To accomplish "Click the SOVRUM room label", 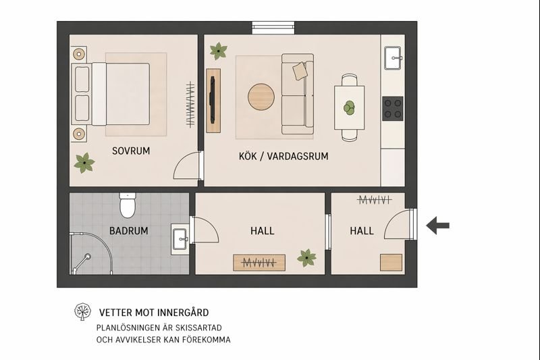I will point(131,151).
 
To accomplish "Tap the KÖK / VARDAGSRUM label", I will point(283,156).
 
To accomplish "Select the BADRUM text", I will point(128,231).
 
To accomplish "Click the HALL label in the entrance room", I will point(362,231).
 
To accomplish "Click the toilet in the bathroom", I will point(128,205).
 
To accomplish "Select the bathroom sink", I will point(180,238).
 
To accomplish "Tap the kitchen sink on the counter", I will point(393,59).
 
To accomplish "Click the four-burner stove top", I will point(393,109).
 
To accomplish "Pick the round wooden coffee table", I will point(261,97).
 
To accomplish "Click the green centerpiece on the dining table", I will point(349,107).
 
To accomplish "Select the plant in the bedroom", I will point(84,162).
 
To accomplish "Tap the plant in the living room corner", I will point(218,50).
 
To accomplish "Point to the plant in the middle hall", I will point(307,257).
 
